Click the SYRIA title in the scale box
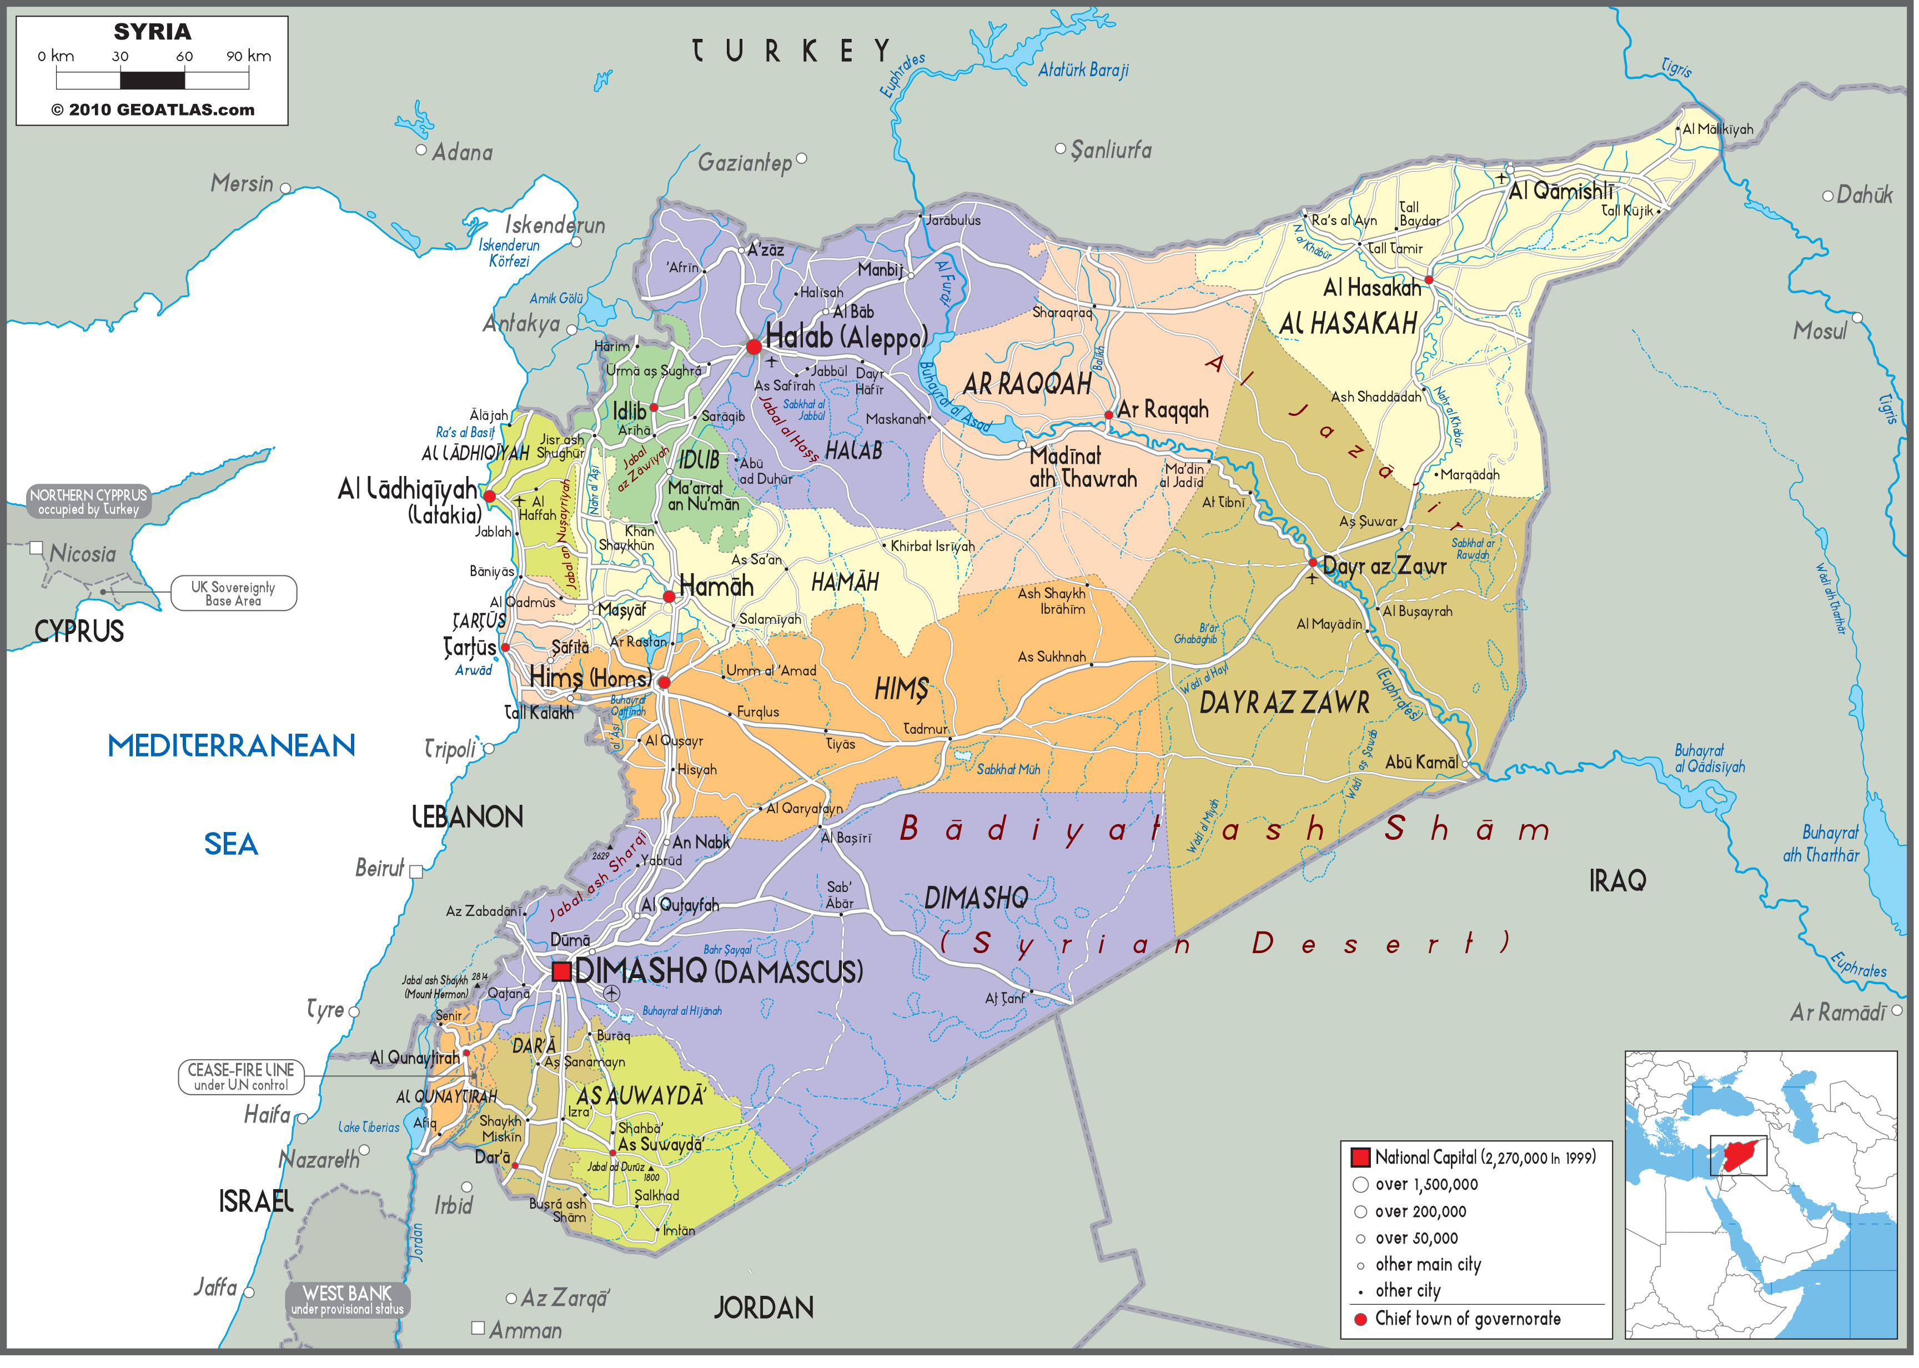[152, 32]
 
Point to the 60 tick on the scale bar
[184, 57]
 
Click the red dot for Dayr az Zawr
[1313, 563]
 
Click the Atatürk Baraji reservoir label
[1084, 71]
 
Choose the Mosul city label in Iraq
[1820, 331]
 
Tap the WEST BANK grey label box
[348, 1300]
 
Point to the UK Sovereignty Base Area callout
[233, 594]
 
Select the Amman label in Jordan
[525, 1331]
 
